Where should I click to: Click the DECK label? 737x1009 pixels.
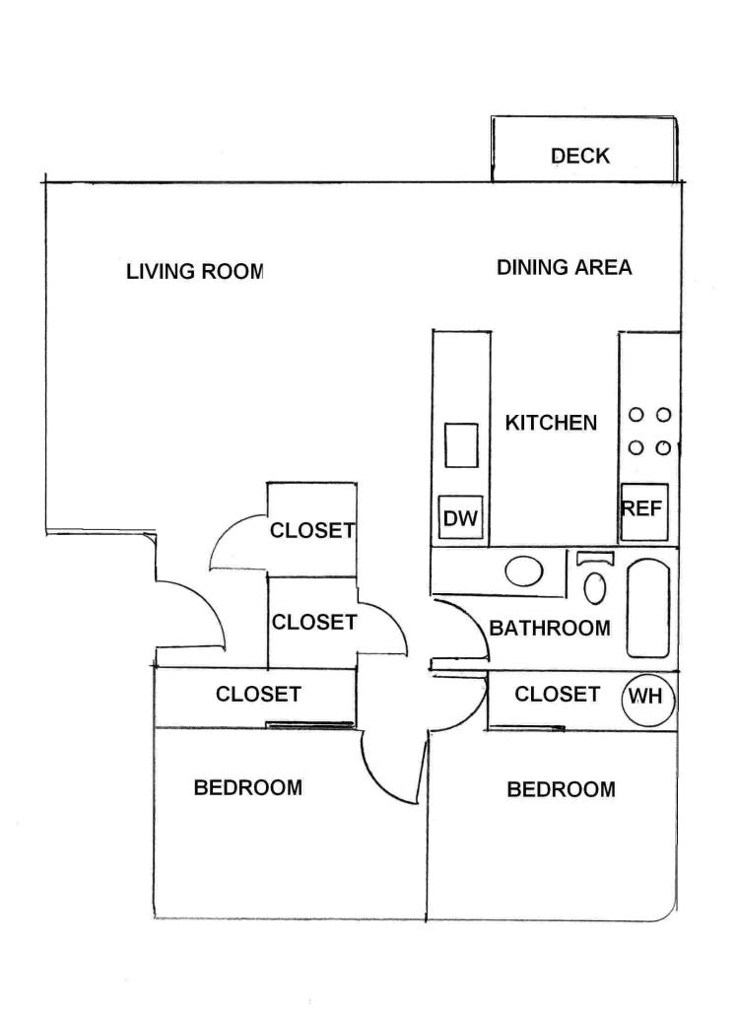[580, 156]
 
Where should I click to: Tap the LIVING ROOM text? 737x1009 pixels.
[195, 272]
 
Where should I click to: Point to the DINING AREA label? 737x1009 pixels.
[565, 267]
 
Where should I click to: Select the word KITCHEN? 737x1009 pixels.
[551, 423]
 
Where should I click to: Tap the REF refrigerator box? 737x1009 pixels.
[643, 512]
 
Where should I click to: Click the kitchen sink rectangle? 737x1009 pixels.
[461, 445]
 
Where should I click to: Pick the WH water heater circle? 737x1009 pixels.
[648, 697]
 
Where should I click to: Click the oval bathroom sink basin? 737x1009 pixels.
[524, 571]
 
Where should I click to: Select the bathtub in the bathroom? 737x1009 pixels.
[648, 608]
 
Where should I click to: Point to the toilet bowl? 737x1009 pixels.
[595, 587]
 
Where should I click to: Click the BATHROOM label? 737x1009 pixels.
[550, 628]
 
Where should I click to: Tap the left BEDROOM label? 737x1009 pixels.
[248, 787]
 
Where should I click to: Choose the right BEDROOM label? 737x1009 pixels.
[562, 789]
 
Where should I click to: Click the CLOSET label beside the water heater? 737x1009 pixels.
[558, 695]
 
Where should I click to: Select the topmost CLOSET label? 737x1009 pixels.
[312, 530]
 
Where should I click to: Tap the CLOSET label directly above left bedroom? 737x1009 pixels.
[258, 695]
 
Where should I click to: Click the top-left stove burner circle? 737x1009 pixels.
[636, 415]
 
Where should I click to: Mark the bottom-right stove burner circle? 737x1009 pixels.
[664, 447]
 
